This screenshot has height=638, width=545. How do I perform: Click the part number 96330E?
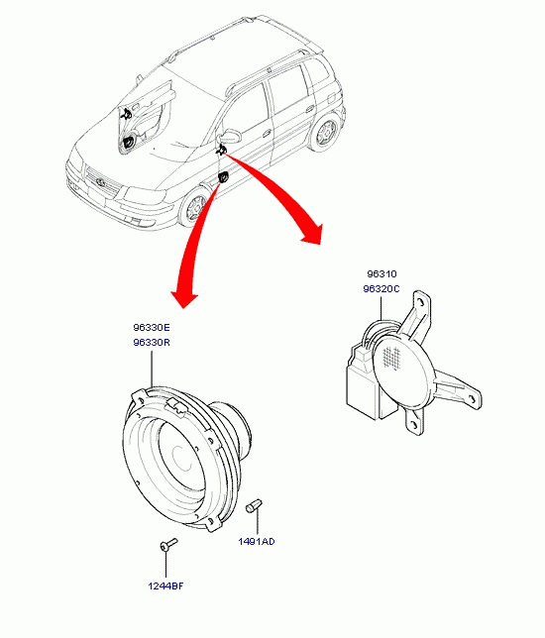point(152,328)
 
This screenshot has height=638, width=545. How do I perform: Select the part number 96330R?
point(152,343)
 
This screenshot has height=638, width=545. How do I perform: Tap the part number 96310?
point(381,274)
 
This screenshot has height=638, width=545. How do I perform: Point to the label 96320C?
point(381,289)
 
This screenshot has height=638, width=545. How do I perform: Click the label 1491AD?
point(257,542)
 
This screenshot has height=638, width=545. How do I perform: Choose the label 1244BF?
point(165,586)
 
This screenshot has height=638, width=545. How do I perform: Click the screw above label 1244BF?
point(168,545)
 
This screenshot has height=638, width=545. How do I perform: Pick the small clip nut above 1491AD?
point(254,506)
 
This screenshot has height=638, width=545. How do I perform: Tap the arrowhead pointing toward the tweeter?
point(313,235)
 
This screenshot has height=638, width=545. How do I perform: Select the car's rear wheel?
point(325,131)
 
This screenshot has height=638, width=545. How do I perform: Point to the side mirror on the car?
point(229,136)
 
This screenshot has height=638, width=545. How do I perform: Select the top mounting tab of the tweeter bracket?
point(422,306)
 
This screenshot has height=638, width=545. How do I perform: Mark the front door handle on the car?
point(267,133)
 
